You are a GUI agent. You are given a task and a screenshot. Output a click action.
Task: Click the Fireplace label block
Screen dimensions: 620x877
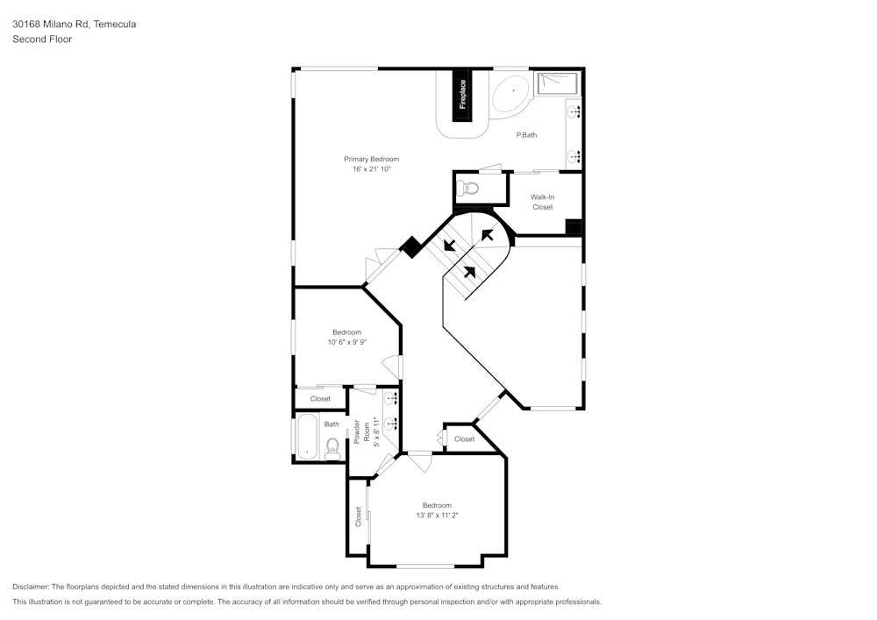click(462, 95)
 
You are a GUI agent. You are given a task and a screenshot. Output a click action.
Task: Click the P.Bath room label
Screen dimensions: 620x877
click(526, 134)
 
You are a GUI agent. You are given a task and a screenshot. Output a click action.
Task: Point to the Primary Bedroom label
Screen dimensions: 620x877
click(371, 159)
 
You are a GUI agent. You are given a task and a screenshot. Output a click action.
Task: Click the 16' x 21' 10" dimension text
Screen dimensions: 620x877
click(371, 169)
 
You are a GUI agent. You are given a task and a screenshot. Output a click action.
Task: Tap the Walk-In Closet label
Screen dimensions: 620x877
click(542, 202)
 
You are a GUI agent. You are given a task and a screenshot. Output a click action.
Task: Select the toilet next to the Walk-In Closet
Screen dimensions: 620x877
click(471, 188)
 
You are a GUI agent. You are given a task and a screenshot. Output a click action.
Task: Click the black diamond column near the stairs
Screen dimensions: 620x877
click(410, 247)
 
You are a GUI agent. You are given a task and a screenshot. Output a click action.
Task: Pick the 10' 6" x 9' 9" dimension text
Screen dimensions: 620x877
click(346, 342)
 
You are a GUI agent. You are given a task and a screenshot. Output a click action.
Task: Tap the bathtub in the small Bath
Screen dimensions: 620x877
click(307, 436)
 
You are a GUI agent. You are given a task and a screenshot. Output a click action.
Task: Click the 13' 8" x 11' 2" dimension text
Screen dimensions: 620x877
click(437, 516)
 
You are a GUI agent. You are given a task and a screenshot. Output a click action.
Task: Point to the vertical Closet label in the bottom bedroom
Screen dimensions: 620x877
click(358, 516)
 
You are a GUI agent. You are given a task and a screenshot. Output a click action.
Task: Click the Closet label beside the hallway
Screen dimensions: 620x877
click(464, 438)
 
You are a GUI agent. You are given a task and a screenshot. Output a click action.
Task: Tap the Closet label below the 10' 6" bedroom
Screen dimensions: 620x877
click(320, 399)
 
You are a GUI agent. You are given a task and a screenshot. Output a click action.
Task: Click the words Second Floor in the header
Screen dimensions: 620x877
click(42, 39)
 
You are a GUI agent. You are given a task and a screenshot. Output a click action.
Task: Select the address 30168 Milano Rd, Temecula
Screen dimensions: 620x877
click(74, 25)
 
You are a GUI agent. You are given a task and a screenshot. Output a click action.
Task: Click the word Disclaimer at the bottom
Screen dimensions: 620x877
click(31, 586)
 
